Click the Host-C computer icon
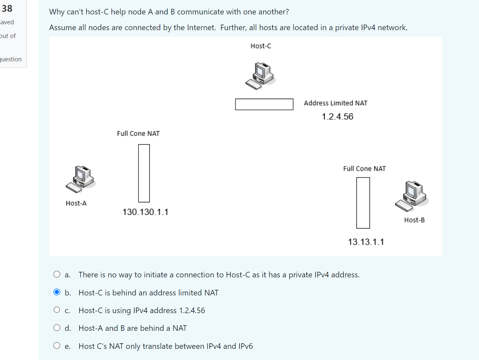coord(260,76)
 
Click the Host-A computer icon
coord(81,179)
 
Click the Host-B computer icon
coord(412,196)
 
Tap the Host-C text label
coord(261,46)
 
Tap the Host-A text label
coord(76,203)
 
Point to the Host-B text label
coord(414,220)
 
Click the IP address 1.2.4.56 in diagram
coord(337,117)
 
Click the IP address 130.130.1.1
coord(145,212)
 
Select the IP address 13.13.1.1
coord(366,242)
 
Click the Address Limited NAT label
coord(335,103)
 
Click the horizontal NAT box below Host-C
coord(264,104)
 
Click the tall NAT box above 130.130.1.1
coord(144,173)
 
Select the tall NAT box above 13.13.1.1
coord(363,203)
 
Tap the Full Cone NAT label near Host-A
coord(138,134)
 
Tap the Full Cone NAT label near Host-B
coord(364,169)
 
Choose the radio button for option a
coord(57,274)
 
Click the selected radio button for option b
coord(57,292)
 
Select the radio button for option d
coord(57,328)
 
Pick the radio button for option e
coord(57,346)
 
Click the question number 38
coord(7,9)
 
